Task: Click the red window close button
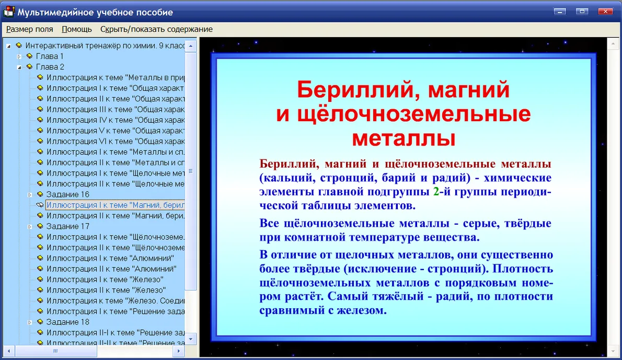coord(605,11)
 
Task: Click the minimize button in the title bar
coord(560,11)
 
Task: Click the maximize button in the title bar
coord(582,11)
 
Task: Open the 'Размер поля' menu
coord(29,29)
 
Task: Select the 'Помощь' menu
coord(76,29)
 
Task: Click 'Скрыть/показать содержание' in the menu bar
coord(156,29)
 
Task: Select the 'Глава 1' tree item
coord(50,56)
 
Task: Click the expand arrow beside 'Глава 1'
coord(19,57)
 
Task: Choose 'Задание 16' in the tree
coord(67,194)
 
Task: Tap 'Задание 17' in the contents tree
coord(67,226)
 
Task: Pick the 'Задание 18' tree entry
coord(67,322)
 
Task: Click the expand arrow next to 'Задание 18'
coord(29,322)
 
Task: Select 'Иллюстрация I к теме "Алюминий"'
coord(110,258)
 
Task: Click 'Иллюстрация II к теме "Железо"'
coord(106,290)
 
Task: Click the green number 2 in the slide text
coord(436,192)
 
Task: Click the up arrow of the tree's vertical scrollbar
coord(191,46)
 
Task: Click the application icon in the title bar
coord(9,11)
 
